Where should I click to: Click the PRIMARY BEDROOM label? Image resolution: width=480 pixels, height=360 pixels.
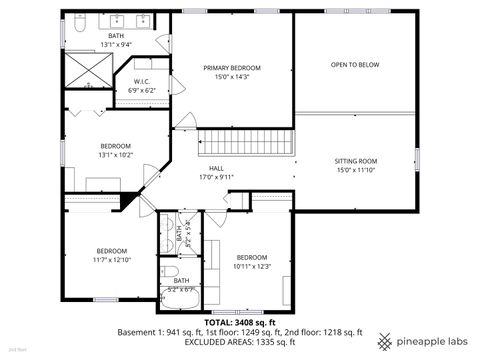(x=231, y=68)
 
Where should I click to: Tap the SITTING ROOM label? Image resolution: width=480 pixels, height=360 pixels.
(x=355, y=161)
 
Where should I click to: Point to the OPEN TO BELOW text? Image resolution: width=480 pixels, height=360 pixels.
(x=355, y=64)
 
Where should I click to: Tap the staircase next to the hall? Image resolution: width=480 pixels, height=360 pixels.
(x=246, y=142)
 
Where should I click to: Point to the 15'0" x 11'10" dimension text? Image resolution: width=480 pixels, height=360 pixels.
(x=355, y=170)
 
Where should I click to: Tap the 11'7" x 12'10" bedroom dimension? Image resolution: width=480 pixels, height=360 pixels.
(x=112, y=259)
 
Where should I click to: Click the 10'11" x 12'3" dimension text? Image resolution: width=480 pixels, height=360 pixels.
(x=252, y=266)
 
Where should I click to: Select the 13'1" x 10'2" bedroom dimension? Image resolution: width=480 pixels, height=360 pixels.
(x=115, y=155)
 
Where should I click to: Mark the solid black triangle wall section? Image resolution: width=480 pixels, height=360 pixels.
(x=127, y=199)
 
